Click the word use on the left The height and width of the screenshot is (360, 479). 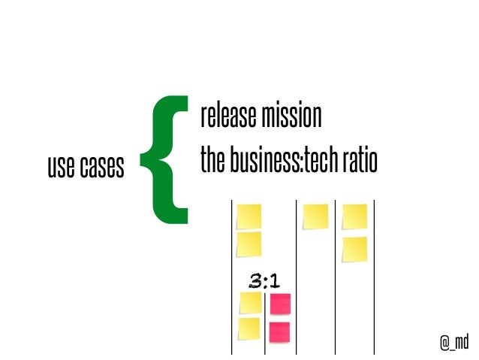point(60,168)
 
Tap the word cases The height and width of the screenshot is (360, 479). point(101,168)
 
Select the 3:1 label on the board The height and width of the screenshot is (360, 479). point(264,282)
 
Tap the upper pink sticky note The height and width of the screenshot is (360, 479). point(280,304)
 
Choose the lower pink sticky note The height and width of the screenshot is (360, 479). point(279,331)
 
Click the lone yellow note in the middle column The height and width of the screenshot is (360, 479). point(315,216)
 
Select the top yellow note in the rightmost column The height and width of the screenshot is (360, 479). point(354,216)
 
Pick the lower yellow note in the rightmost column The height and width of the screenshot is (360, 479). point(354,249)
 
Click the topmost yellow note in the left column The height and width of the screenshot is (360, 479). point(249,216)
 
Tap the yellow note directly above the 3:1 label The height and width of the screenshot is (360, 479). point(249,244)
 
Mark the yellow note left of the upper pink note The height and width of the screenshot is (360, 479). point(250,303)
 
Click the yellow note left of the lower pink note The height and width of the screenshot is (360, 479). point(249,328)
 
